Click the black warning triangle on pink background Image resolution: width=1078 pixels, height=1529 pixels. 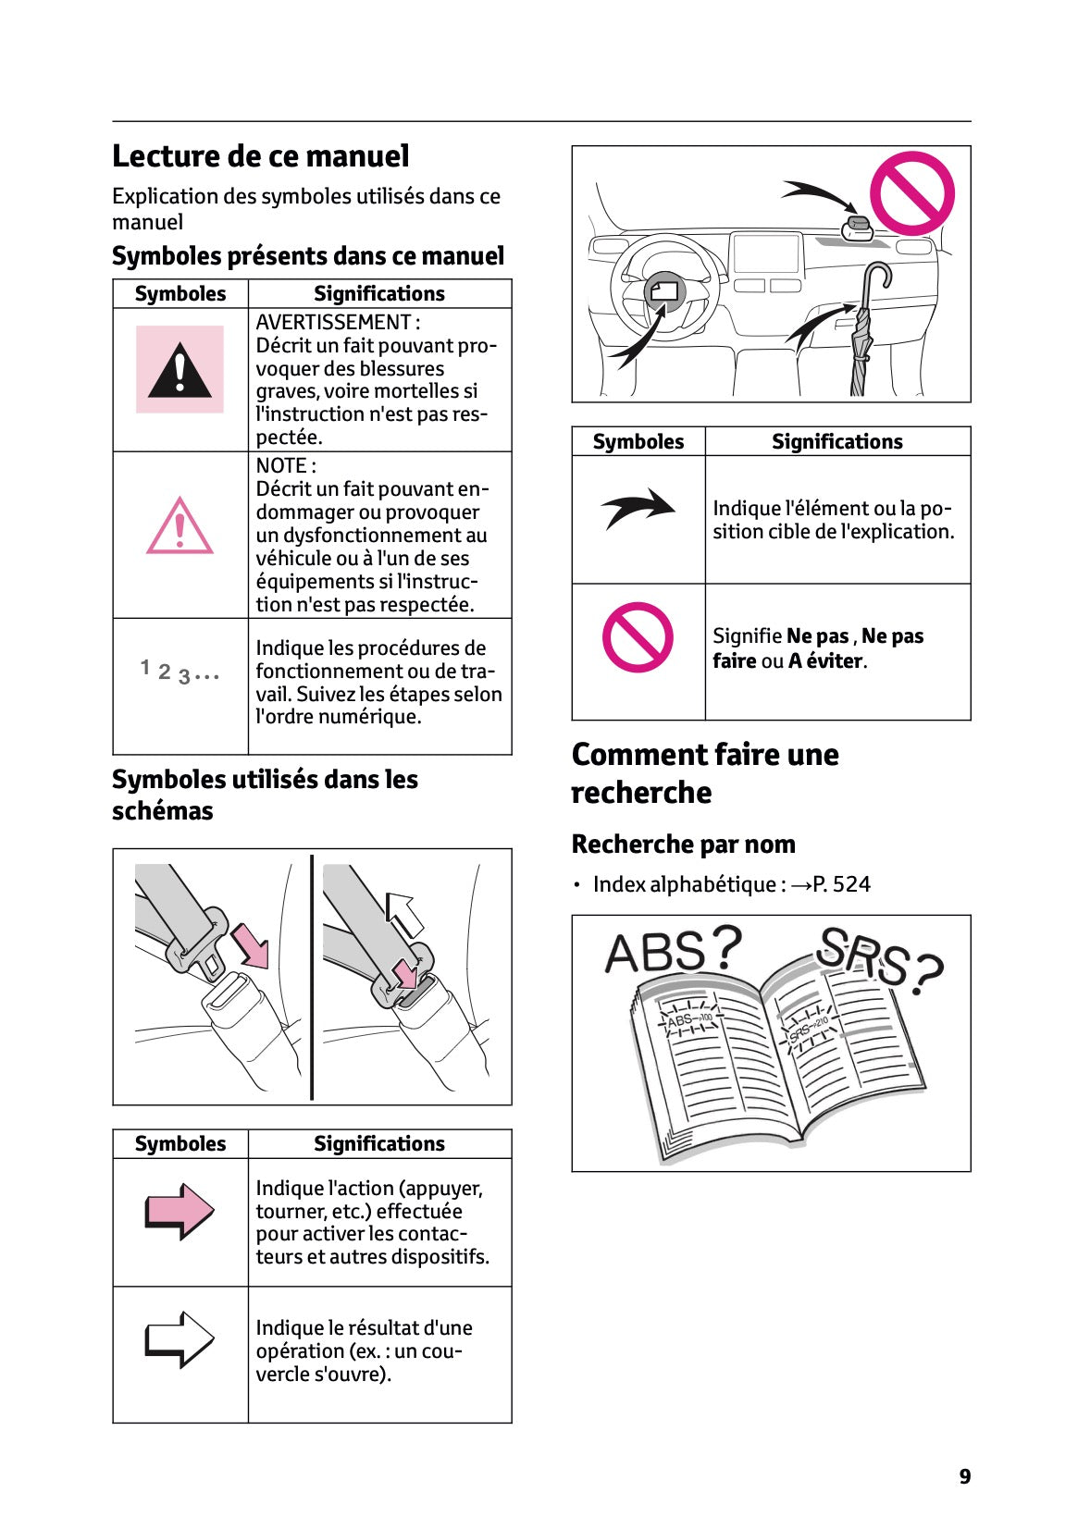(180, 369)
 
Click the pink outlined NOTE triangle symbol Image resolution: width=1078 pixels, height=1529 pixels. (180, 527)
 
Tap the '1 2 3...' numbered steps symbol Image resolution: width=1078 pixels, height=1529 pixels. (180, 672)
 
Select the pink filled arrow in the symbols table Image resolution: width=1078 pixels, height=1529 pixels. (180, 1210)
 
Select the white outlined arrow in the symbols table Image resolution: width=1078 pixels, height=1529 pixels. (180, 1338)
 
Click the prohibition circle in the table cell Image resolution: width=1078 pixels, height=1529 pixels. (638, 637)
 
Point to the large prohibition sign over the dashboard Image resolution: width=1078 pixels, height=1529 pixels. (911, 193)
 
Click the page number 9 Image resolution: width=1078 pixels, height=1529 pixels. (964, 1477)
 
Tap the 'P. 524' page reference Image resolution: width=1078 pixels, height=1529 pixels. (841, 884)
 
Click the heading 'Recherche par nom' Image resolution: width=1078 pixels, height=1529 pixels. (683, 844)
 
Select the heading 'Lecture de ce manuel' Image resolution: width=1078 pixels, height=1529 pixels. (260, 156)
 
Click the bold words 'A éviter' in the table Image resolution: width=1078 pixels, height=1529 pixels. (826, 660)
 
